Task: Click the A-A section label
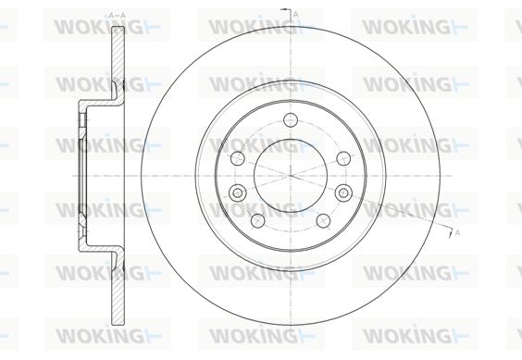click(x=118, y=16)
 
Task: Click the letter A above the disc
click(x=295, y=14)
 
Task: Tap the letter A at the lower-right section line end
click(x=457, y=233)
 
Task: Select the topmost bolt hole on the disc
click(x=291, y=120)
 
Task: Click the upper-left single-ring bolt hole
click(x=238, y=158)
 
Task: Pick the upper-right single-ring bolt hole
click(x=343, y=158)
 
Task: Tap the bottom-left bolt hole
click(x=257, y=221)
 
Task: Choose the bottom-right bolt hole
click(x=323, y=221)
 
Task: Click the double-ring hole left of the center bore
click(x=237, y=192)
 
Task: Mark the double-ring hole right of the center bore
click(x=343, y=192)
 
